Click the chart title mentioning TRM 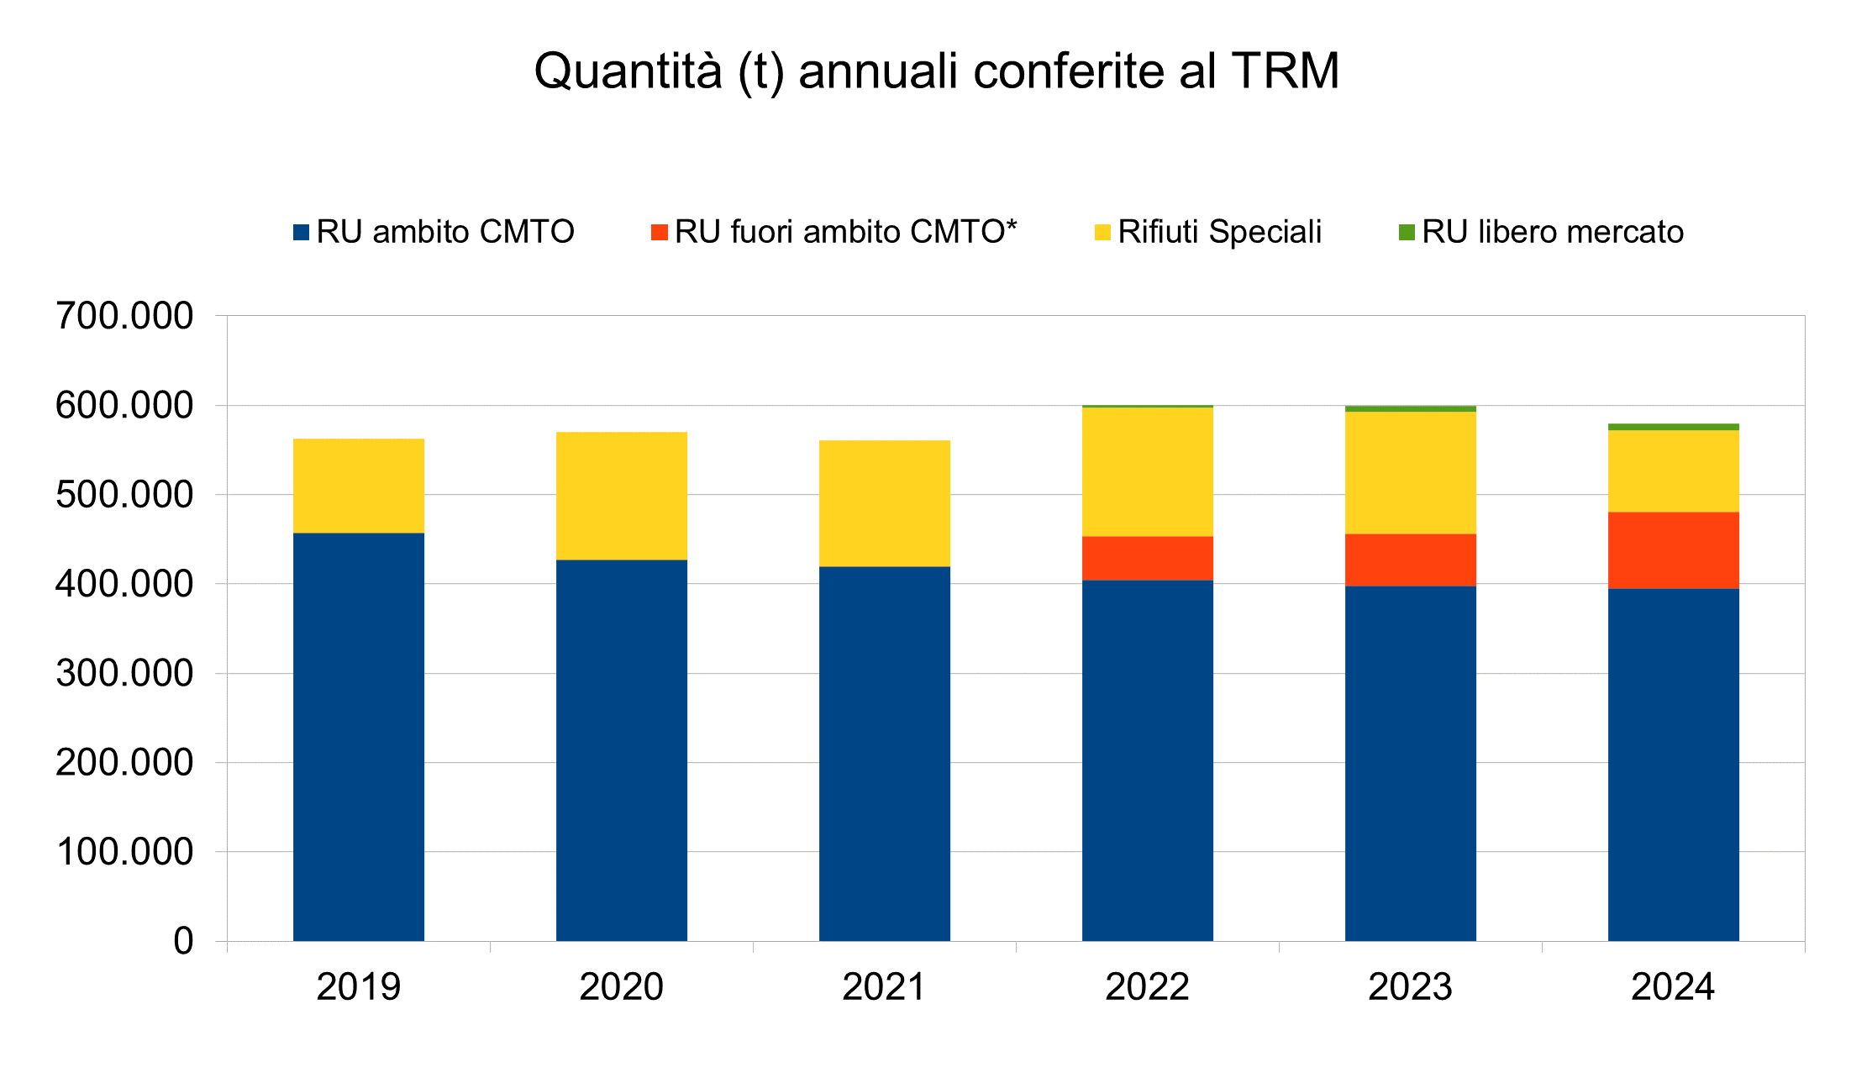pyautogui.click(x=936, y=71)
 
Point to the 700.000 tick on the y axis pyautogui.click(x=124, y=317)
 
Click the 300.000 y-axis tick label pyautogui.click(x=124, y=674)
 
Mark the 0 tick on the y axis pyautogui.click(x=183, y=941)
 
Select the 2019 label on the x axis pyautogui.click(x=359, y=986)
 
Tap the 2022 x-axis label pyautogui.click(x=1147, y=986)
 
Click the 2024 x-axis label pyautogui.click(x=1673, y=986)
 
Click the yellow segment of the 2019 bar pyautogui.click(x=359, y=486)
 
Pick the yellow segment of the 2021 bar pyautogui.click(x=885, y=503)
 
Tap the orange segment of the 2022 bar pyautogui.click(x=1148, y=558)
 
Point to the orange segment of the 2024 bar pyautogui.click(x=1674, y=550)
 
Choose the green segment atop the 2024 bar pyautogui.click(x=1674, y=427)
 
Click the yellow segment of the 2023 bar pyautogui.click(x=1411, y=472)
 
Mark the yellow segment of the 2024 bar pyautogui.click(x=1674, y=471)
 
